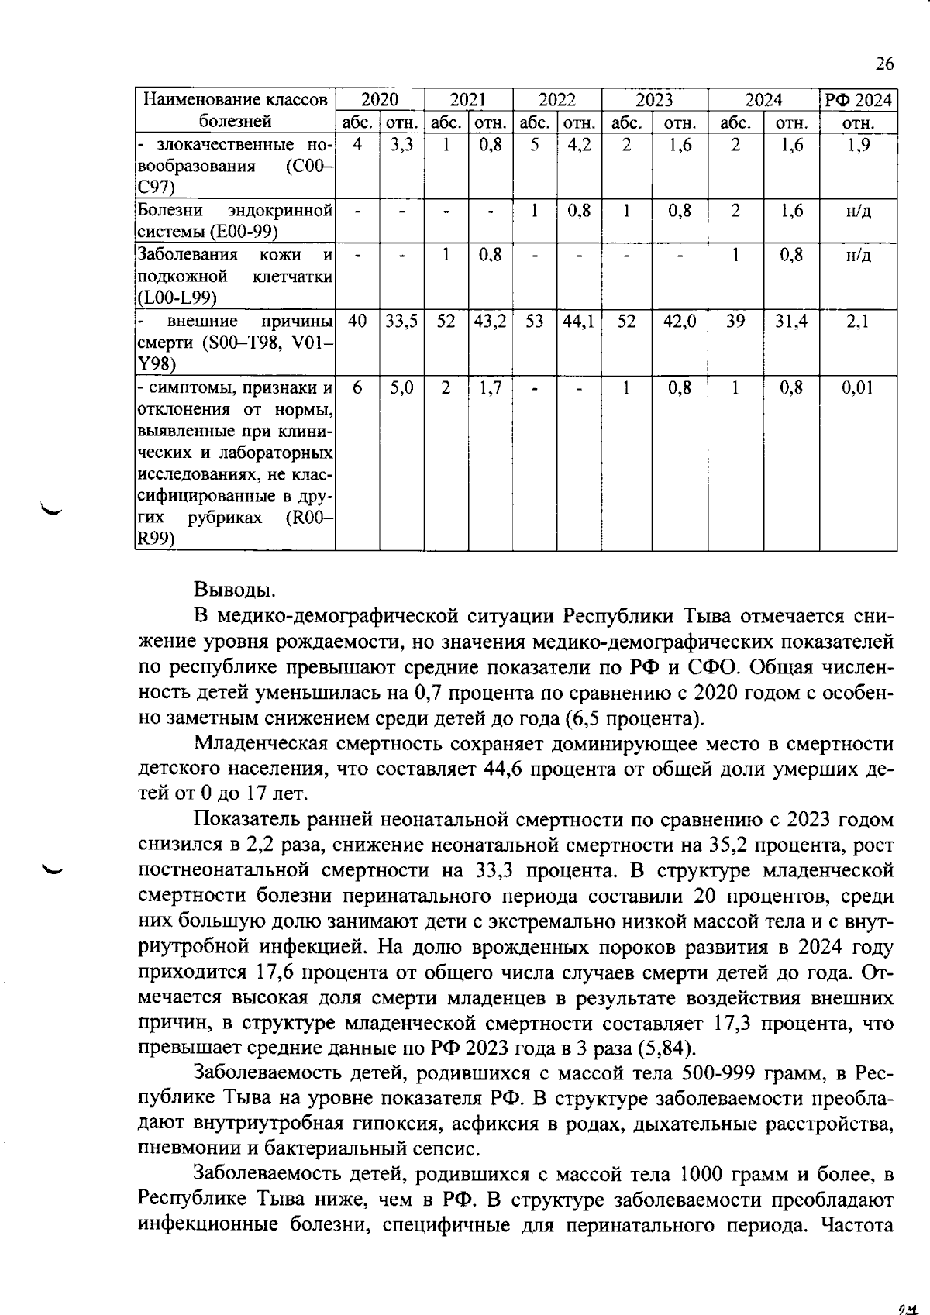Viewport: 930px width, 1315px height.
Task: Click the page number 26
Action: pos(884,64)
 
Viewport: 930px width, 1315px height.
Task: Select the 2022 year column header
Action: pos(556,99)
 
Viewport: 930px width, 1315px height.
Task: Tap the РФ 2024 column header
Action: pos(858,99)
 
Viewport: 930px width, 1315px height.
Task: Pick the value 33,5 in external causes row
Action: pos(401,321)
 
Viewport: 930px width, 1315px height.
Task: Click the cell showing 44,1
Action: pos(579,321)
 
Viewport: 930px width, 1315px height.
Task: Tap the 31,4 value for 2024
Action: pos(790,321)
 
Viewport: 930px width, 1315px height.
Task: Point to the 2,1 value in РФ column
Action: pos(857,321)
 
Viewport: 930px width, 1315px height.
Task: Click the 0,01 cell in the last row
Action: pos(857,387)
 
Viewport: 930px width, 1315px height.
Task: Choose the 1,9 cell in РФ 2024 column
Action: pos(857,145)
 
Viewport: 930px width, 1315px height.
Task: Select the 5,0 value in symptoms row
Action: pos(401,387)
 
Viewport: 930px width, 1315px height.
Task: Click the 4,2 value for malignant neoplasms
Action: pos(579,145)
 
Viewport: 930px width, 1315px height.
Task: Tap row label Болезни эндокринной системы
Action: pos(235,221)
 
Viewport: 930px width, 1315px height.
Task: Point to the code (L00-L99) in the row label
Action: pos(177,298)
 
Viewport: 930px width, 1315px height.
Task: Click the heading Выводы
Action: pos(233,590)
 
